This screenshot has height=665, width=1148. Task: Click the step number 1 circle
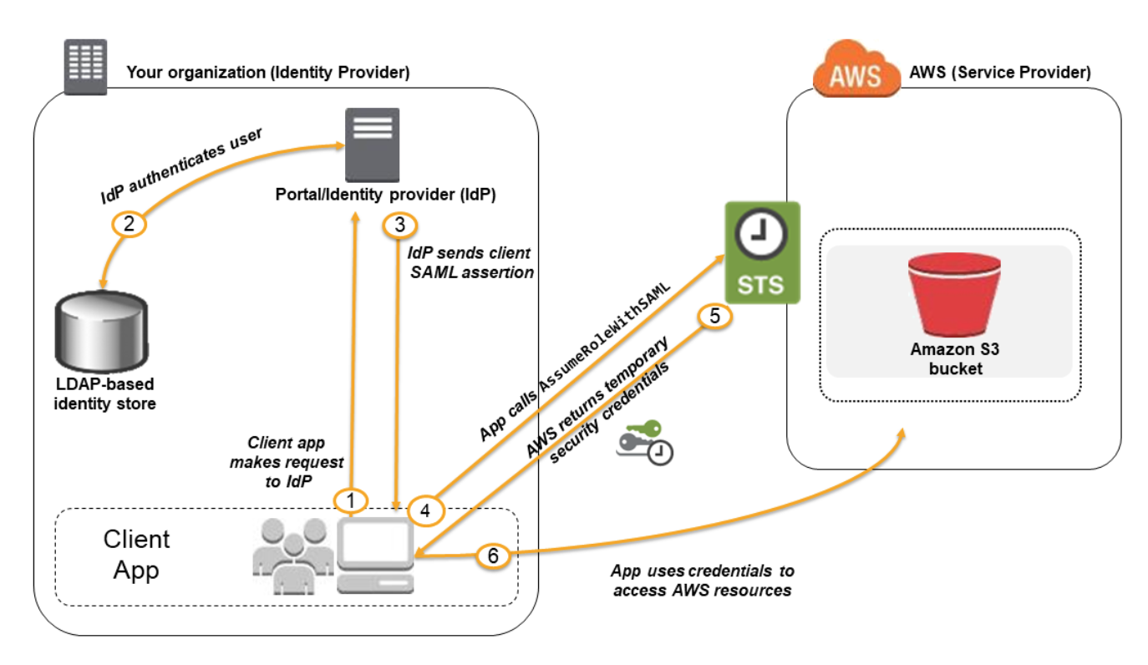351,500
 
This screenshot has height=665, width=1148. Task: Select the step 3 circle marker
399,225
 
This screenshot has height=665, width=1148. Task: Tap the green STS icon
761,252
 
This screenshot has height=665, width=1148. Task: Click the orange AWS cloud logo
855,72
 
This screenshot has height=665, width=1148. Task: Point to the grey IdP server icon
372,144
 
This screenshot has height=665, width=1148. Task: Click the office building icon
86,66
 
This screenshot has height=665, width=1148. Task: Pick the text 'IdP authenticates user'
181,166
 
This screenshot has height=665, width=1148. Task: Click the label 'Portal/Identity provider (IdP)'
386,195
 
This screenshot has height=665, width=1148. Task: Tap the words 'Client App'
137,555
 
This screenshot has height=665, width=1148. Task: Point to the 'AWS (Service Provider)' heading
999,72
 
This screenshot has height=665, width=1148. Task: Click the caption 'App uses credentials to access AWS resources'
702,581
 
